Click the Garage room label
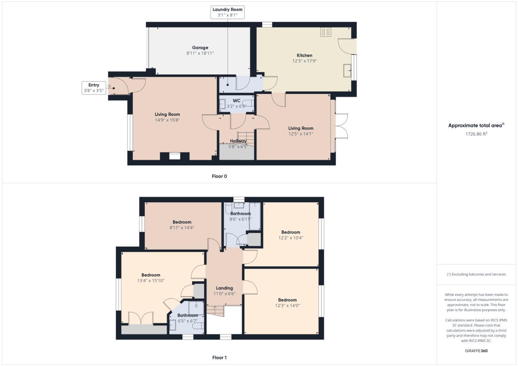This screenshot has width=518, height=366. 200,48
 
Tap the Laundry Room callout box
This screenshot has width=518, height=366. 227,12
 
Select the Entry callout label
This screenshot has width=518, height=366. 94,88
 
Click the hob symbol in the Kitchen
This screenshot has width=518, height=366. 326,32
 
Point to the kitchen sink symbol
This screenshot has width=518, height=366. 347,70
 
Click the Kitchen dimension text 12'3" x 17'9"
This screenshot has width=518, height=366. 304,61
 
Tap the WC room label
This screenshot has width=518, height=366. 236,101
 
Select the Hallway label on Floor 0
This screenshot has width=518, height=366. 238,141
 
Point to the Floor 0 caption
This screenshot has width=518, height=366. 219,176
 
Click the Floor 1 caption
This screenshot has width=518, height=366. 219,358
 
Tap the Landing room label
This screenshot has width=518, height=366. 224,288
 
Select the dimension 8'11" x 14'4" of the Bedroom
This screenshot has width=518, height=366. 182,228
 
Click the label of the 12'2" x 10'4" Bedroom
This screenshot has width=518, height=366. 290,232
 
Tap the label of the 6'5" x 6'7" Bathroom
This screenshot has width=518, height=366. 188,316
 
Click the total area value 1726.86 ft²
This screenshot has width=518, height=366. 476,134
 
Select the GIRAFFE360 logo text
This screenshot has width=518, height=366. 476,351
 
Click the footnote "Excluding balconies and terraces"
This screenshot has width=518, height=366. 476,274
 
